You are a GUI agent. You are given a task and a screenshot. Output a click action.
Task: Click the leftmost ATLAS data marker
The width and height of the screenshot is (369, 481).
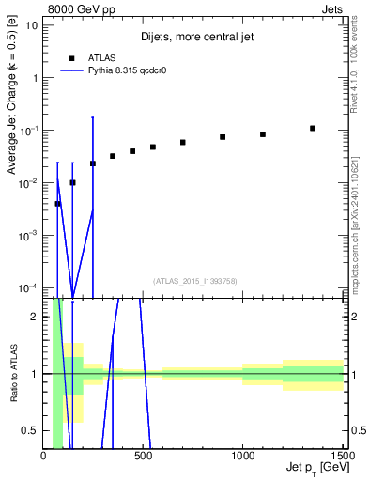click(57, 204)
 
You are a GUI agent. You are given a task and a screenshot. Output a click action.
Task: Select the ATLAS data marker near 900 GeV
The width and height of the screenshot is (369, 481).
click(223, 137)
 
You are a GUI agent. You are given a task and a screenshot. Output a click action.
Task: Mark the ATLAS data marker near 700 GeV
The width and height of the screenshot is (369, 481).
click(183, 143)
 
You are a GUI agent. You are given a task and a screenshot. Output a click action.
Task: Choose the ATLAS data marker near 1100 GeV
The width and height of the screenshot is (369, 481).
click(263, 134)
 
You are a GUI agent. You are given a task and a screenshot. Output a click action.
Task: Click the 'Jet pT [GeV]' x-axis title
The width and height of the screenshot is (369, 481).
click(313, 467)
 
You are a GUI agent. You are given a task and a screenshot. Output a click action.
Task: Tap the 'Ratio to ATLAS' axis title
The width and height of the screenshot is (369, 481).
click(13, 374)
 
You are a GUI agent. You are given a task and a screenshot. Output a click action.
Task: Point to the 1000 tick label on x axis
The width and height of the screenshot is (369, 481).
click(242, 457)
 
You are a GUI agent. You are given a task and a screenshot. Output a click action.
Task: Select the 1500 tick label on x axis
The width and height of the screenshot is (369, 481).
click(342, 457)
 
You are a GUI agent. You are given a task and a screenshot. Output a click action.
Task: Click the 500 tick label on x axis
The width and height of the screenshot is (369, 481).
click(143, 457)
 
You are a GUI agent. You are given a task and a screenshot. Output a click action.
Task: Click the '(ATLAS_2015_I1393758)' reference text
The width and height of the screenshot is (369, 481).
click(194, 281)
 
